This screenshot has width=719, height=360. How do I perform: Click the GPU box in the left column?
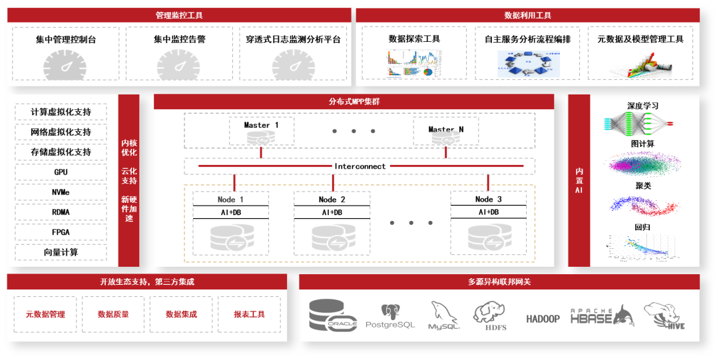tap(61, 172)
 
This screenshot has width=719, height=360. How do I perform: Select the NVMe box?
tap(61, 192)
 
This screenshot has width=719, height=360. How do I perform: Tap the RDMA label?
tap(61, 212)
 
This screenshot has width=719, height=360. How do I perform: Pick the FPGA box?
tap(61, 232)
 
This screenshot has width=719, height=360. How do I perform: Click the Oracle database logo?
tap(334, 315)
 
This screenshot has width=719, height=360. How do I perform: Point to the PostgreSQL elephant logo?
tap(390, 315)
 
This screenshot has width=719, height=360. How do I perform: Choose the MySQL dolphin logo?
tap(444, 315)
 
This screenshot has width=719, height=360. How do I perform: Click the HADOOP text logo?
tap(543, 319)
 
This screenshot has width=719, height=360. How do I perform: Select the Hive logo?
tap(664, 315)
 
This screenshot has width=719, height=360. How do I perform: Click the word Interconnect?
tap(359, 166)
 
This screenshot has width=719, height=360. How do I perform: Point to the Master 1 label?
tap(261, 125)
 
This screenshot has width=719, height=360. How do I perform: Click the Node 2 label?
tap(332, 200)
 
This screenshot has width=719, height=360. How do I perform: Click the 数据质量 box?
tap(113, 314)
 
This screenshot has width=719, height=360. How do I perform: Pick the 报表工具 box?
tap(250, 314)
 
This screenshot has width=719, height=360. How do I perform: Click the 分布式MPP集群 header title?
tap(354, 102)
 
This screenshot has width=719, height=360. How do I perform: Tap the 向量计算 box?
tap(61, 252)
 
